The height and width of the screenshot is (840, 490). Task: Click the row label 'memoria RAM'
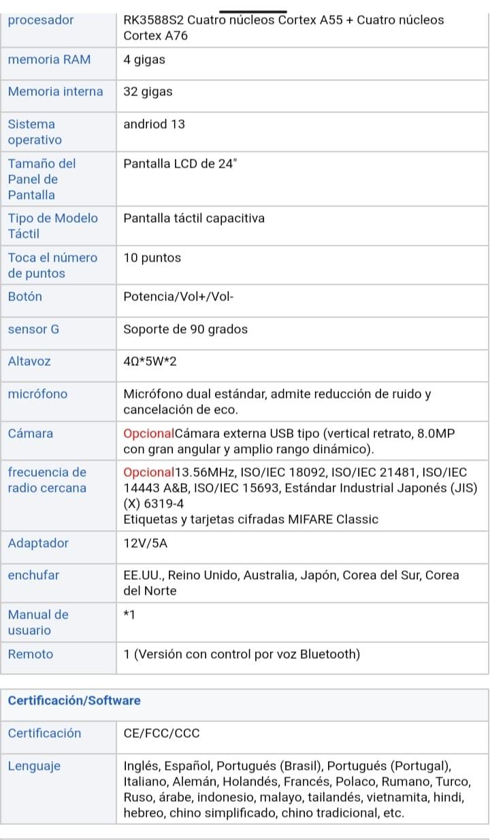point(49,59)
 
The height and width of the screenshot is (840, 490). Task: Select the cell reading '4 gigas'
point(144,59)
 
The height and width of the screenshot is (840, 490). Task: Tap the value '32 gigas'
point(148,91)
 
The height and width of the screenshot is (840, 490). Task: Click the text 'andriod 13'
point(154,124)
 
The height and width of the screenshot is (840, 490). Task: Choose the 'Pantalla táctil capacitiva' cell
point(194,218)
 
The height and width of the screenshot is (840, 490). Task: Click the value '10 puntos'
point(152,258)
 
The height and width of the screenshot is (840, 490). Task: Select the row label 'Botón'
point(25,296)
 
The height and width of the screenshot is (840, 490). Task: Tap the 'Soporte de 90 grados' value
point(185,329)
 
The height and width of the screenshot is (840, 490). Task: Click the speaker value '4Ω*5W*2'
point(150,361)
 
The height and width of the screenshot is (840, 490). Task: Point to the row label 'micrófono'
point(38,394)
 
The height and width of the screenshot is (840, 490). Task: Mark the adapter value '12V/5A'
point(146,543)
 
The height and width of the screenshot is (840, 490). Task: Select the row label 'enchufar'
point(33,575)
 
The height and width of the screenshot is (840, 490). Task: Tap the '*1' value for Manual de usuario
point(129,615)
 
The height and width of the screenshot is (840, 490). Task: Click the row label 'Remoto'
point(31,654)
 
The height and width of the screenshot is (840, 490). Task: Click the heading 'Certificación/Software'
point(74,700)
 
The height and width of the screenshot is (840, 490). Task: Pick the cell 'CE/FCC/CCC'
point(161,733)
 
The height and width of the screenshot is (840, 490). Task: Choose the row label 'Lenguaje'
point(34,766)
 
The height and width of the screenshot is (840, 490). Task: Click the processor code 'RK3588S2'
point(154,20)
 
